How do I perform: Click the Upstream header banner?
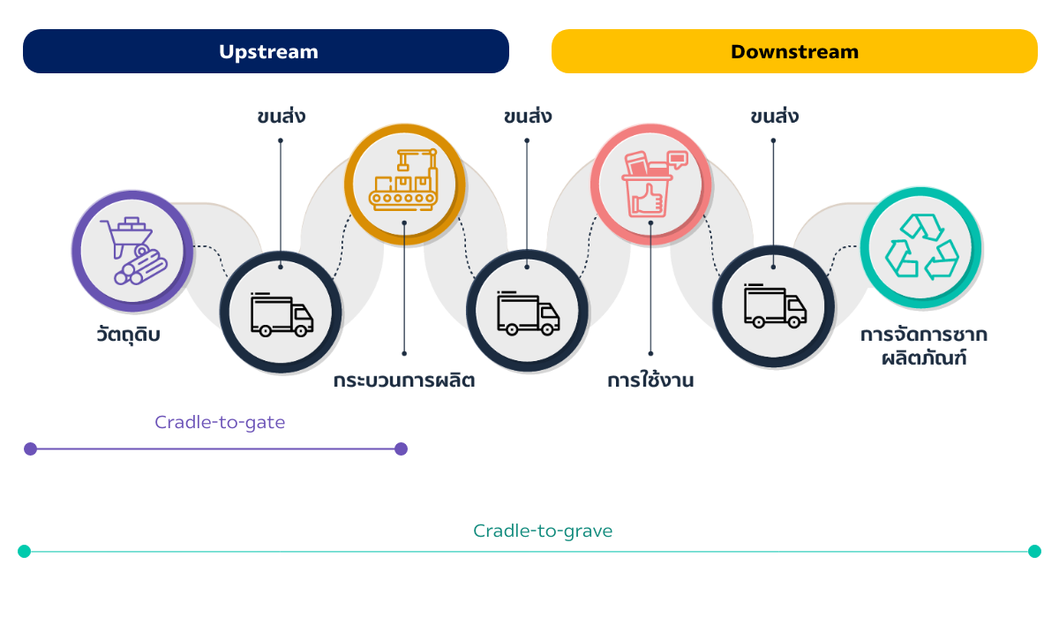pyautogui.click(x=267, y=51)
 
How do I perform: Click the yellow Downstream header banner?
pyautogui.click(x=794, y=51)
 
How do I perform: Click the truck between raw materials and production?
pyautogui.click(x=281, y=313)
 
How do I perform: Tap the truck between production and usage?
pyautogui.click(x=527, y=313)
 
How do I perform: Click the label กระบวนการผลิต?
pyautogui.click(x=404, y=381)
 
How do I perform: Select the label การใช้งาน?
pyautogui.click(x=650, y=381)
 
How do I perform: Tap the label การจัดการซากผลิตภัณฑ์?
pyautogui.click(x=924, y=347)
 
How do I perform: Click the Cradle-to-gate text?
pyautogui.click(x=220, y=422)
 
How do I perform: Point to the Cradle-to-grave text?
pyautogui.click(x=543, y=531)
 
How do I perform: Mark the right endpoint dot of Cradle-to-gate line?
pyautogui.click(x=402, y=448)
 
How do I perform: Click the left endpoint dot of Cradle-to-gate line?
pyautogui.click(x=31, y=448)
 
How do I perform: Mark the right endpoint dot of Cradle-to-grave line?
pyautogui.click(x=1034, y=551)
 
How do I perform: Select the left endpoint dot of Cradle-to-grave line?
pyautogui.click(x=24, y=551)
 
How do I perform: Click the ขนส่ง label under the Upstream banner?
pyautogui.click(x=281, y=116)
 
